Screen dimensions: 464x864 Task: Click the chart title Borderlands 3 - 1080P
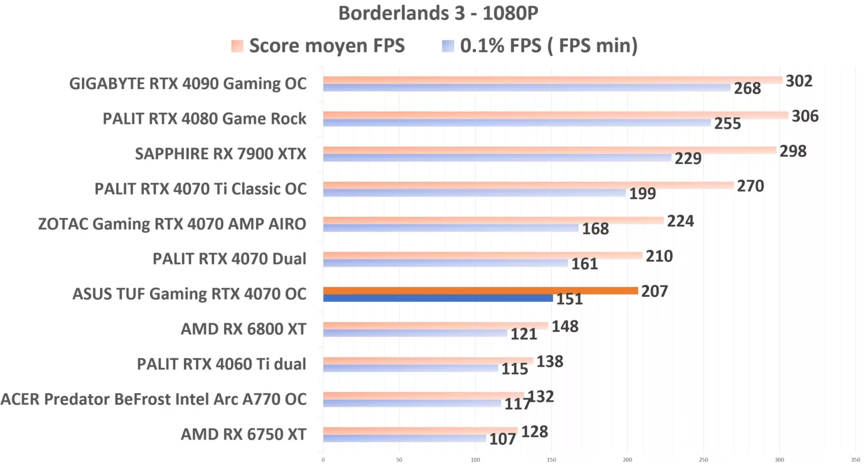(438, 13)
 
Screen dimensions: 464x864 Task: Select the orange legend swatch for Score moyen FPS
(237, 46)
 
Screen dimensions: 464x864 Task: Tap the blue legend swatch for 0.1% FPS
(448, 46)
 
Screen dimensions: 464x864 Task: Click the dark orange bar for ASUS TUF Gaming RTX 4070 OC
(480, 290)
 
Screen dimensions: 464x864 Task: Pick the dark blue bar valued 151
(438, 298)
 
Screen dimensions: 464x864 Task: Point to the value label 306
(805, 116)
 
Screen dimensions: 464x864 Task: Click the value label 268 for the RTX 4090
(747, 88)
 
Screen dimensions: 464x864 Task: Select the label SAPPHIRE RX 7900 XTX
(220, 154)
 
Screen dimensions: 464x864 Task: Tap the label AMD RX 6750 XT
(243, 434)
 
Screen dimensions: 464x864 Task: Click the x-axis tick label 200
(627, 460)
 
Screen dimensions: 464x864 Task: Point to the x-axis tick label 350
(855, 460)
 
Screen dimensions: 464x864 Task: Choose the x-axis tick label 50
(399, 460)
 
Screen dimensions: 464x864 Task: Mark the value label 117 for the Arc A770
(516, 404)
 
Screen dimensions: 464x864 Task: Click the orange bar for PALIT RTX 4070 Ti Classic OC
(528, 185)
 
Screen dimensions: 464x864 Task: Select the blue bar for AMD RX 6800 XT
(415, 333)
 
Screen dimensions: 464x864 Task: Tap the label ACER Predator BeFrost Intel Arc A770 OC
(154, 399)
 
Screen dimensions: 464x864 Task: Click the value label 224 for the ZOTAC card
(680, 221)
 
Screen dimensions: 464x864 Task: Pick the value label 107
(502, 439)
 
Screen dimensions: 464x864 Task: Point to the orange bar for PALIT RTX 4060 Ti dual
(428, 361)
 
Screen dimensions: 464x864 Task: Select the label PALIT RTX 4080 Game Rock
(204, 119)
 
